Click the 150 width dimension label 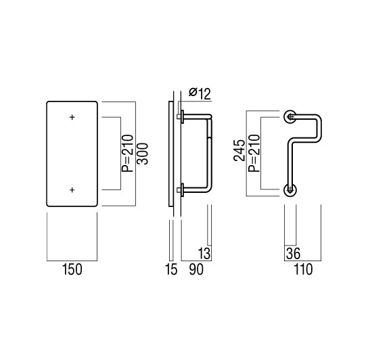click(x=72, y=269)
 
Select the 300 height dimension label click(x=143, y=154)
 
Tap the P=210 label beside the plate click(x=127, y=153)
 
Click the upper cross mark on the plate click(x=72, y=117)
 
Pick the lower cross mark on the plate click(x=72, y=189)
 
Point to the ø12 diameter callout click(x=200, y=93)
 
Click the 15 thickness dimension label click(x=171, y=269)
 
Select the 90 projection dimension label click(x=196, y=269)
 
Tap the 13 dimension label click(x=204, y=253)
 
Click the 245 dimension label click(x=239, y=150)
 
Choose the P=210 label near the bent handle click(x=254, y=153)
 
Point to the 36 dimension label click(x=293, y=254)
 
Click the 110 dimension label click(x=303, y=269)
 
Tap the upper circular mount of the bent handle click(x=290, y=116)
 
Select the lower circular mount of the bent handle click(x=290, y=189)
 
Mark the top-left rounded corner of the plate click(x=48, y=103)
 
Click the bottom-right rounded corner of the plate click(x=96, y=205)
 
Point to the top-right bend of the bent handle click(x=318, y=118)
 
